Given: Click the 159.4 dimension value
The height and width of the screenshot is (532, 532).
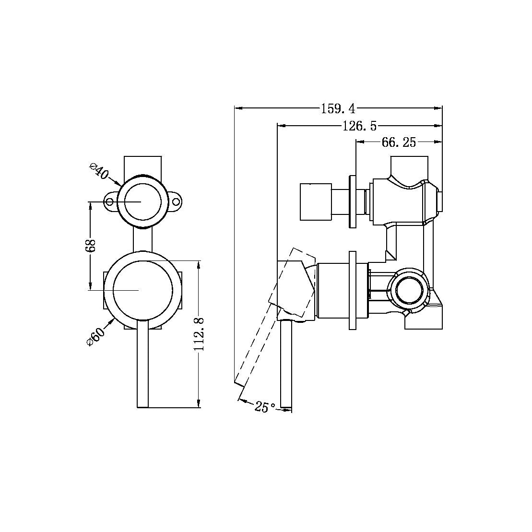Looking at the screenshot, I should (338, 109).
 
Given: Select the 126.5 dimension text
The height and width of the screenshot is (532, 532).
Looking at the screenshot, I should (359, 126).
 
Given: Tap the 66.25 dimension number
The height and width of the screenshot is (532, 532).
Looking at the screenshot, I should (399, 142).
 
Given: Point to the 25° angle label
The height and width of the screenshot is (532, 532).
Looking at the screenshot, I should (265, 407).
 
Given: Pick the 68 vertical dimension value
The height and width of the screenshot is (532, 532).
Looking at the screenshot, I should (92, 246).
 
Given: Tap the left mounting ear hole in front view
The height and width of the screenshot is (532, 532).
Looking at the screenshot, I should (110, 202).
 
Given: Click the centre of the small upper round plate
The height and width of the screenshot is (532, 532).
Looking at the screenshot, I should (142, 202).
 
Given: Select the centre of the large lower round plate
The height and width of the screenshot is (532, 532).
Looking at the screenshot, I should (142, 290).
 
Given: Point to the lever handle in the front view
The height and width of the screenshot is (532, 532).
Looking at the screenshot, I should (142, 365).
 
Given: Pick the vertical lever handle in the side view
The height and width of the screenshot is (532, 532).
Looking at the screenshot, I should (286, 365).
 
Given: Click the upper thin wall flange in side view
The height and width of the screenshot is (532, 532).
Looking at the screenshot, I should (353, 201).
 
